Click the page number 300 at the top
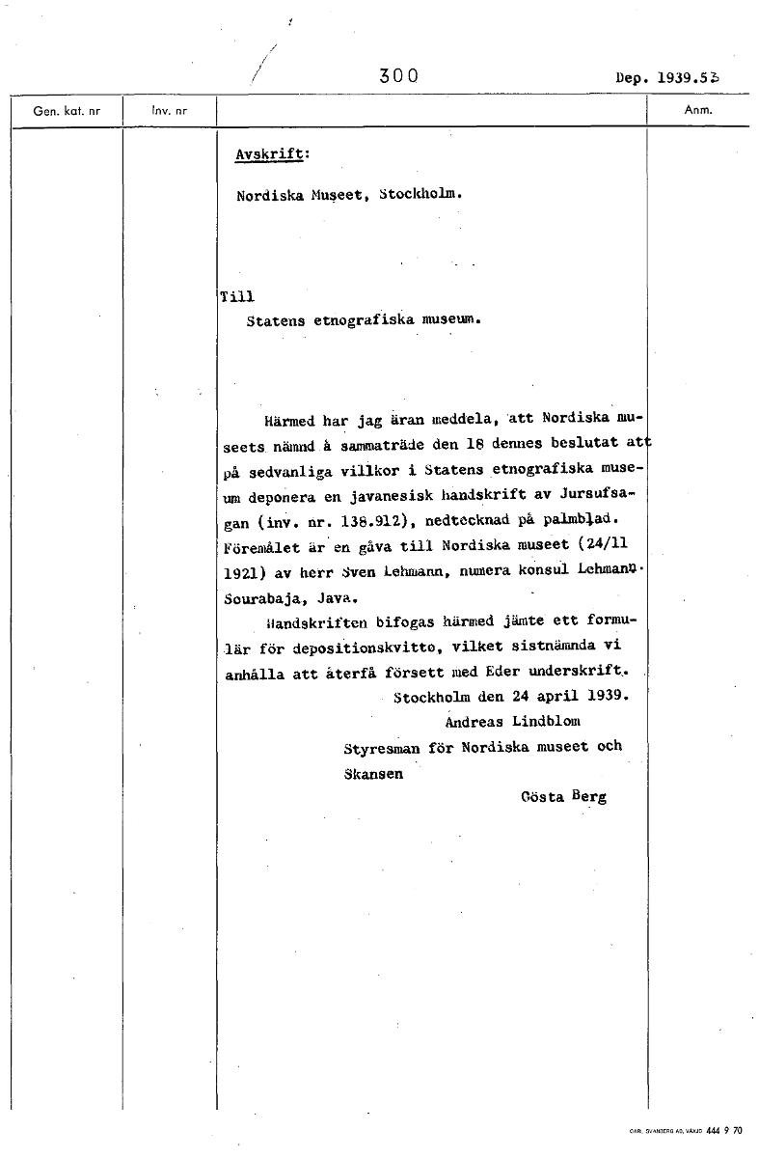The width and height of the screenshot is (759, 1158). tap(398, 76)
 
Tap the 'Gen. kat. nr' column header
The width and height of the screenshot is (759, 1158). tap(67, 111)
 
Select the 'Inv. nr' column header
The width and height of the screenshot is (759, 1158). tap(169, 111)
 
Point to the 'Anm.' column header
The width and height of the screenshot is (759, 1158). tap(697, 110)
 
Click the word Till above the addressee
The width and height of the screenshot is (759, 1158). tap(237, 297)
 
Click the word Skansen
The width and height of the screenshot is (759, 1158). tap(373, 774)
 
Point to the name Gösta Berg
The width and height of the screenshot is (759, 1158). tap(563, 798)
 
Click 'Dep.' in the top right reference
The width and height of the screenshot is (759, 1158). tap(631, 76)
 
